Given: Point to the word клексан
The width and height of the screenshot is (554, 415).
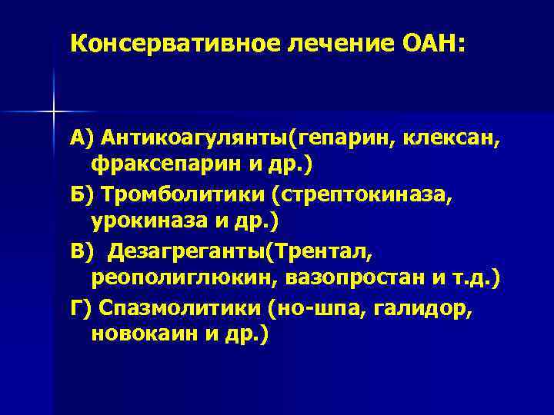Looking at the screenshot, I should (449, 140).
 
